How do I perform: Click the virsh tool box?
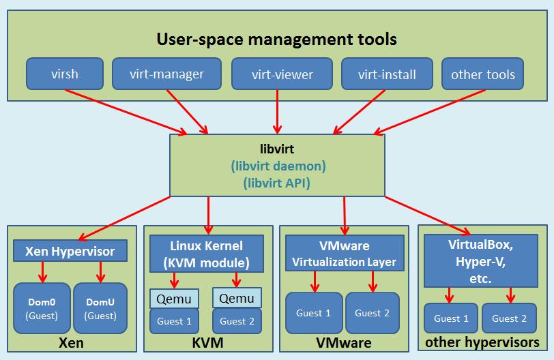click(x=65, y=74)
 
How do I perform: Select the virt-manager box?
click(x=166, y=74)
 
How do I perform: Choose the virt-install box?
click(x=388, y=74)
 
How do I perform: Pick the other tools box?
click(x=483, y=74)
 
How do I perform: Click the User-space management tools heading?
click(x=276, y=39)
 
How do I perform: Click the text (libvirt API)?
click(x=276, y=183)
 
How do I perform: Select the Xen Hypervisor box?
click(x=70, y=251)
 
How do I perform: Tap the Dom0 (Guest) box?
click(x=42, y=307)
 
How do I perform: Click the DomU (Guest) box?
click(x=101, y=307)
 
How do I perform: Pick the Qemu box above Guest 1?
click(x=175, y=298)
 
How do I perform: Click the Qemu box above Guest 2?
click(x=237, y=298)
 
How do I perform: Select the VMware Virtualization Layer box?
click(x=344, y=253)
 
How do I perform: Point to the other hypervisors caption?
click(x=482, y=342)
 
